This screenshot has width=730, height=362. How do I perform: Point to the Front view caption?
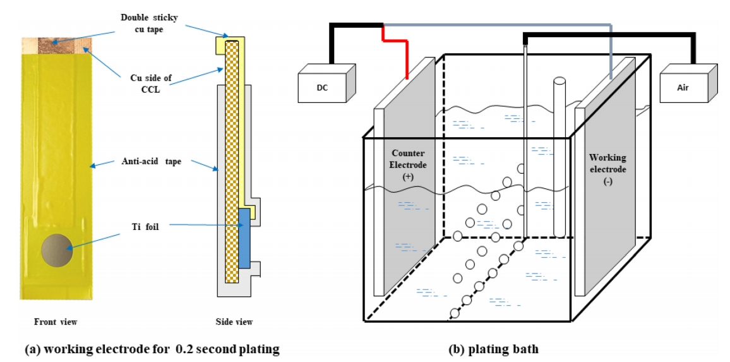(56, 322)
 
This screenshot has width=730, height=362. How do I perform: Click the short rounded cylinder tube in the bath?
(559, 158)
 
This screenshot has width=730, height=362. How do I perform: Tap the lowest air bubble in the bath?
(453, 313)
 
